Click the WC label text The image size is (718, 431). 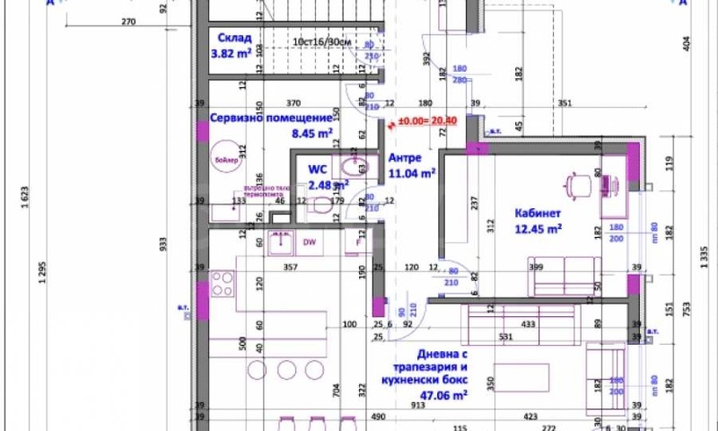coord(318,169)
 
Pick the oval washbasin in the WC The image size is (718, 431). coord(346,167)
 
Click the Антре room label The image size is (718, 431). coord(405,157)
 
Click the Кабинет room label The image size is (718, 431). coord(538,213)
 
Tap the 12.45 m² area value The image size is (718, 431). coord(538,229)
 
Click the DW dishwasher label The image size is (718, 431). coord(308,242)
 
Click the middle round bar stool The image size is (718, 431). coord(286,369)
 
